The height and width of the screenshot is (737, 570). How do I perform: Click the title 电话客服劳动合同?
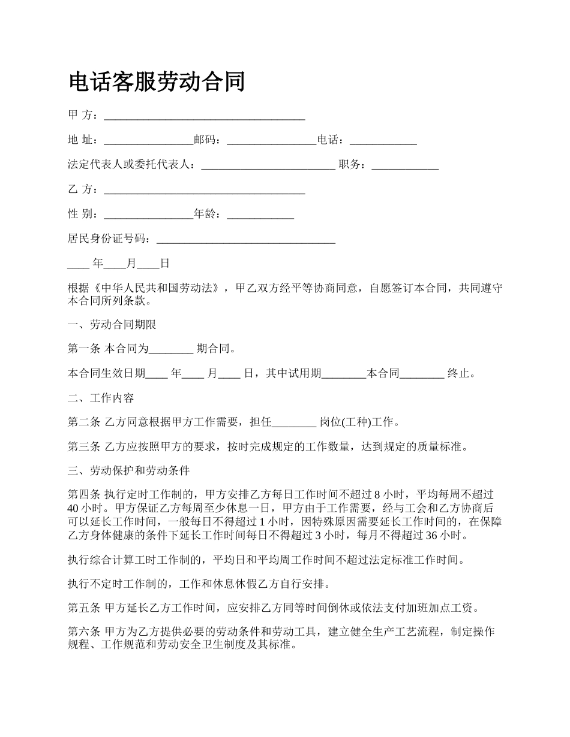pos(157,81)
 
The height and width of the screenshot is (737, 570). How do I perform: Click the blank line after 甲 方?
pos(205,116)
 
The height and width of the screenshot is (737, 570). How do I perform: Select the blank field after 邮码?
pos(271,141)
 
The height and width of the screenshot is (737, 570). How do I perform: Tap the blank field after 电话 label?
pos(383,141)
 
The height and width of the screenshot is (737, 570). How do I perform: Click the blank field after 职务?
pos(405,165)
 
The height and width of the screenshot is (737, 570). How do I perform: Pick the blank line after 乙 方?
pos(205,190)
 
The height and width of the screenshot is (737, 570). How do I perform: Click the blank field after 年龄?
pos(260,215)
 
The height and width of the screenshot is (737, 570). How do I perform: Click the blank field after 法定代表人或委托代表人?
pos(268,165)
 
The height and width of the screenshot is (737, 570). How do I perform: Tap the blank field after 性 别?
pos(148,215)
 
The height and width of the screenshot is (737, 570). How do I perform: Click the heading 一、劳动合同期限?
pos(112,325)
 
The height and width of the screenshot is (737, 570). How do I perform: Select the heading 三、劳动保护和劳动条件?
pos(129,471)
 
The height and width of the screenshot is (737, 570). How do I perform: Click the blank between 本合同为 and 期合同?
pos(171,349)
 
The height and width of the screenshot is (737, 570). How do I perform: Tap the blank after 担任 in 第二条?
pos(294,422)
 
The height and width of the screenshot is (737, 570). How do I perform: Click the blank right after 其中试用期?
pos(344,374)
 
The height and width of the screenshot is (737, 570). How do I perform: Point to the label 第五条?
pos(85,609)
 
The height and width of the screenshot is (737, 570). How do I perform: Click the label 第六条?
pos(85,633)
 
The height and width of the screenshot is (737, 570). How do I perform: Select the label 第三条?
pos(85,447)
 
